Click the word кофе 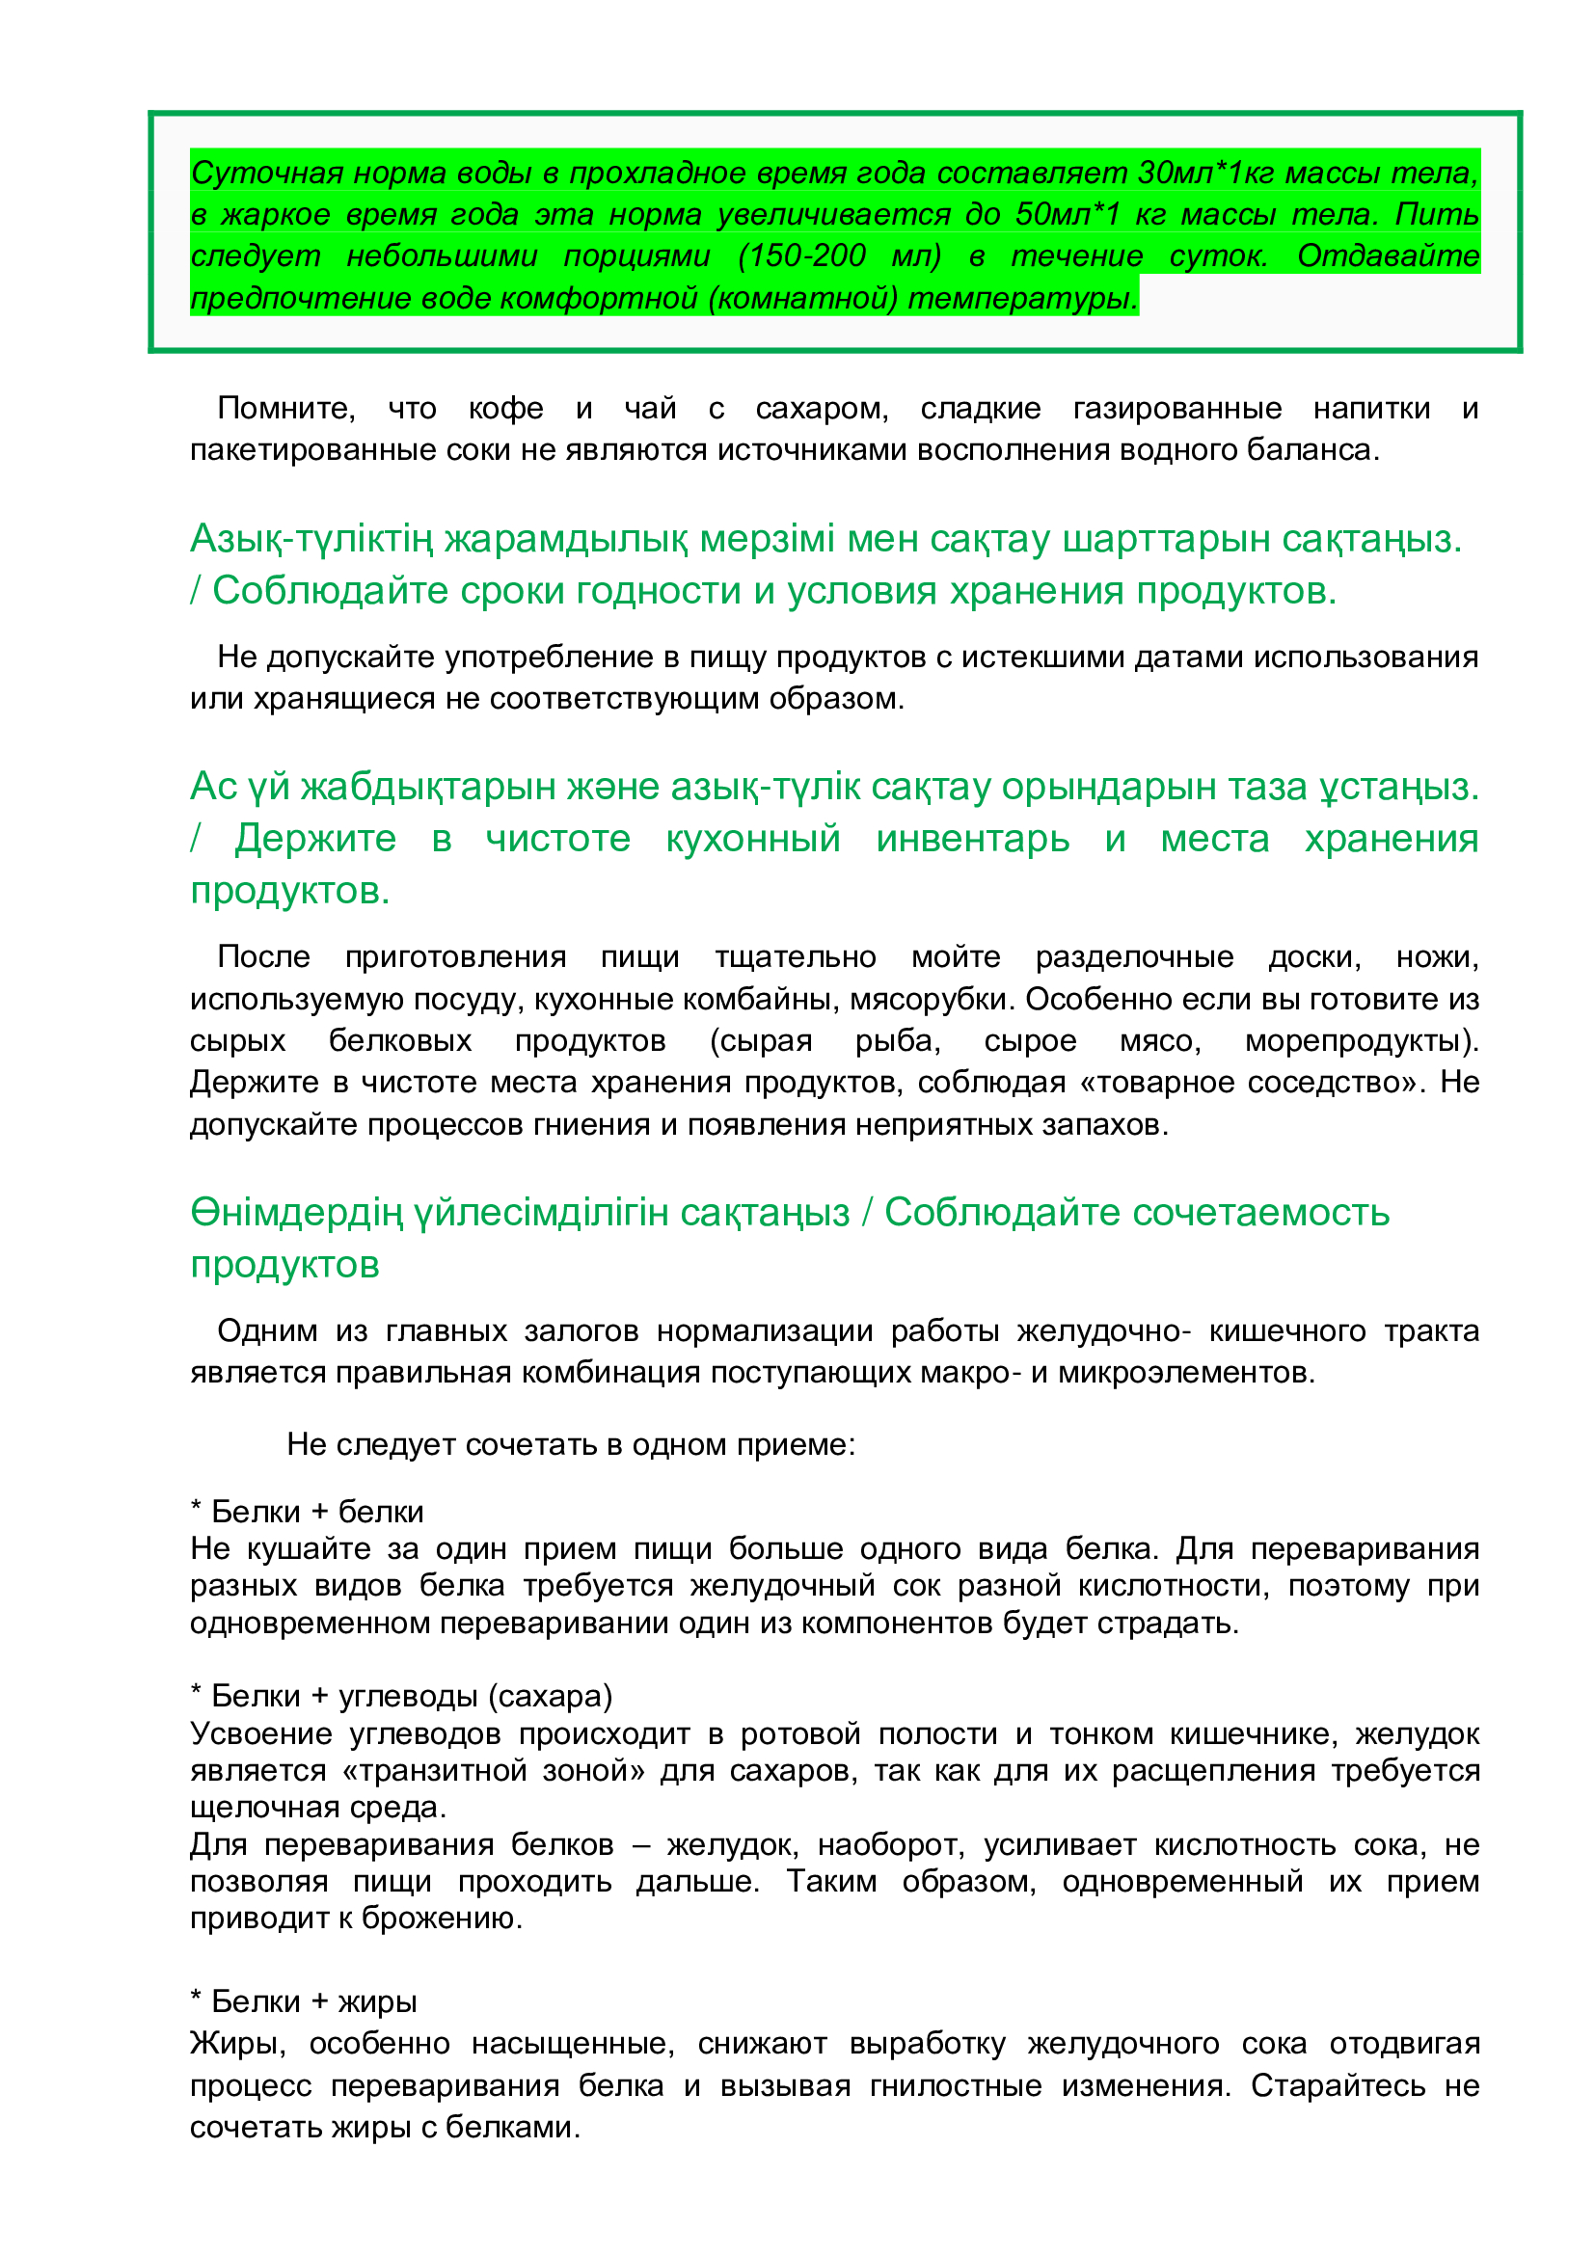(x=506, y=408)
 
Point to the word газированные (x=1176, y=408)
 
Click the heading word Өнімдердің (x=298, y=1212)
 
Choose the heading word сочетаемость (x=1137, y=1212)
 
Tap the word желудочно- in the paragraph (x=1104, y=1330)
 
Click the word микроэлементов (x=1186, y=1372)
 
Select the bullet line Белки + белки (x=308, y=1512)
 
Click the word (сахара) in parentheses (x=554, y=1696)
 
